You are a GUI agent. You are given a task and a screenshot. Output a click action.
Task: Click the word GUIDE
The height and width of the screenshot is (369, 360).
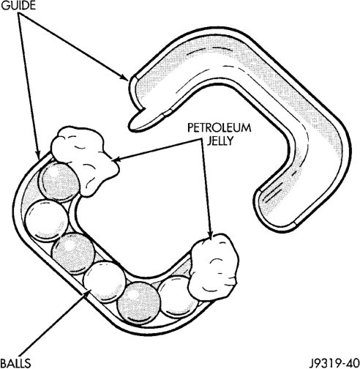pos(18,6)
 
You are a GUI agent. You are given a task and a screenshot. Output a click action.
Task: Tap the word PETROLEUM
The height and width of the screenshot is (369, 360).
pos(219,128)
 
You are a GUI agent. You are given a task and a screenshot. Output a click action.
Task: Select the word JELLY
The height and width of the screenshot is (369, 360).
pos(220,141)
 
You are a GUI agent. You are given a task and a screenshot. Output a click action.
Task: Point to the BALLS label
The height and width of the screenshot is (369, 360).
pos(15,363)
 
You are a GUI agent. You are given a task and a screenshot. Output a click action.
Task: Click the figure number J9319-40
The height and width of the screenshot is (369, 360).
pos(334,363)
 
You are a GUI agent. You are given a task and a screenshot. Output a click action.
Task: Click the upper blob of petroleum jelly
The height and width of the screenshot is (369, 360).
pos(84,160)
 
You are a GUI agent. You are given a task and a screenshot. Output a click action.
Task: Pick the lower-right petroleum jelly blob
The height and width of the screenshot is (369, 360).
pos(213,266)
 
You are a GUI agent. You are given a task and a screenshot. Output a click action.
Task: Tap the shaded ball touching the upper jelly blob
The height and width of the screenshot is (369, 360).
pos(59,182)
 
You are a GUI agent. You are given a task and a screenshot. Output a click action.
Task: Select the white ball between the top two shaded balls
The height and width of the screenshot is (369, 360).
pos(46,220)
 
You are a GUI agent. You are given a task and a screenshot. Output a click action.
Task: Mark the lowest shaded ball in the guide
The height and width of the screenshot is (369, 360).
pos(138,303)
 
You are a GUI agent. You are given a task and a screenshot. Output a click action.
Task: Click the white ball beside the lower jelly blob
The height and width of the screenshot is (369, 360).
pos(178,297)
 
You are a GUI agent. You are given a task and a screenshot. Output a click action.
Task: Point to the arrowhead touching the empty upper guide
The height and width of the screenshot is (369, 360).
pos(124,77)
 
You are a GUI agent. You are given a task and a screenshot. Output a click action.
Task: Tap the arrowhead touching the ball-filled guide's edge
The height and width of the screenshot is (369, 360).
pos(37,154)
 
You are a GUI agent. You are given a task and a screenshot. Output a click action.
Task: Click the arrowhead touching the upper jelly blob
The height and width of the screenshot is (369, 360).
pos(116,160)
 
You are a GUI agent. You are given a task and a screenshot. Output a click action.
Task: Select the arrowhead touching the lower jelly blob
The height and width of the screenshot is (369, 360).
pos(211,234)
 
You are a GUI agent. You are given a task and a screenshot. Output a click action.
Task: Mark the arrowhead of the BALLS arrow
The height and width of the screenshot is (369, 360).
pos(89,291)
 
